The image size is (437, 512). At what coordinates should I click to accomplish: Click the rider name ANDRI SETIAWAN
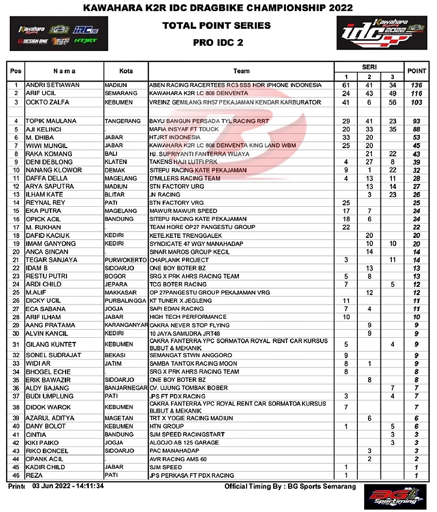52,85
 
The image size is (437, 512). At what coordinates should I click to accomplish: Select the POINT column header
417,71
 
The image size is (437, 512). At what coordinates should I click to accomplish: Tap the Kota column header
126,71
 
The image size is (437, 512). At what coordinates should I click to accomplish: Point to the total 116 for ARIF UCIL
417,93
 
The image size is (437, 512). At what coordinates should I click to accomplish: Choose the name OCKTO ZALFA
47,102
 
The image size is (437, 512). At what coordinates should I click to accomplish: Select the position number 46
16,476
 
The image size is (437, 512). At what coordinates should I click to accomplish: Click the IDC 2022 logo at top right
382,33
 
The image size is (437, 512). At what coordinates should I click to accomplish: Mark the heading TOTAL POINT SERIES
217,25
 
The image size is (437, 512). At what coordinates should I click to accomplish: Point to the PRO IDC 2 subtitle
218,42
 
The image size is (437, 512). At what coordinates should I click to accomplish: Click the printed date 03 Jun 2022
68,486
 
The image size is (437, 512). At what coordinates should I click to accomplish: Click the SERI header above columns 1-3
369,67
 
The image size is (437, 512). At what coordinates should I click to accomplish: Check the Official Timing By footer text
290,486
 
